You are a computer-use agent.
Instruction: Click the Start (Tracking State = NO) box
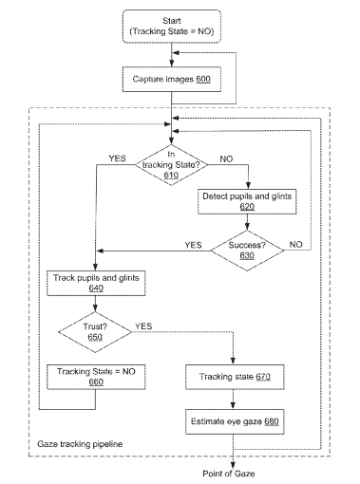[172, 27]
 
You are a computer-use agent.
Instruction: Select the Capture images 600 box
[172, 79]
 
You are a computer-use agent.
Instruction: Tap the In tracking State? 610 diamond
[171, 165]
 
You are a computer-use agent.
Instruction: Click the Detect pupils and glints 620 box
[247, 201]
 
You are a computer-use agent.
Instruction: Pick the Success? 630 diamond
[247, 251]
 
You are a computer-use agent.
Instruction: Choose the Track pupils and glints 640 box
[96, 283]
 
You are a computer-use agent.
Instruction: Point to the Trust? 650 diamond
[95, 332]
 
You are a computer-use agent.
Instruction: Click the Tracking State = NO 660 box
[96, 377]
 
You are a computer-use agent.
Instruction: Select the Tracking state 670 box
[235, 377]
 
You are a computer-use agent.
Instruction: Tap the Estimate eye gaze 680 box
[235, 421]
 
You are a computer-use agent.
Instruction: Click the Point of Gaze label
[229, 474]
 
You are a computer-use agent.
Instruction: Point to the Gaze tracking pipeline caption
[80, 444]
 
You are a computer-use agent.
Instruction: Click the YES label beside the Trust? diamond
[143, 326]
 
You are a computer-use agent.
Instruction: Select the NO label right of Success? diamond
[295, 245]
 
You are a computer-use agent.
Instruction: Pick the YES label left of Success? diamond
[193, 245]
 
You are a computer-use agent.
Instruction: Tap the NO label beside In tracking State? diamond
[226, 159]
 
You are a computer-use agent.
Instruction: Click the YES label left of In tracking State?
[117, 158]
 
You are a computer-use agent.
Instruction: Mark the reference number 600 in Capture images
[203, 79]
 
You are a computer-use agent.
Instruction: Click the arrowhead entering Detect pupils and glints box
[248, 186]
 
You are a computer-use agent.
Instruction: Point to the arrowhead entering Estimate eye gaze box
[234, 406]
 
